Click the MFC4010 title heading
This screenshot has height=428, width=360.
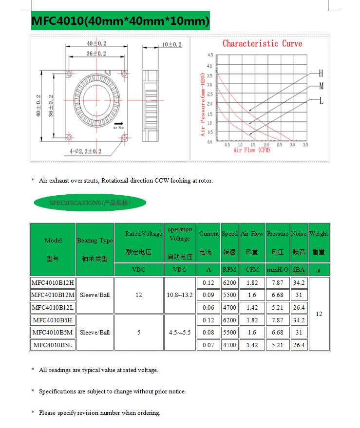point(120,21)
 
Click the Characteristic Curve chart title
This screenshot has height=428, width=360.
point(262,43)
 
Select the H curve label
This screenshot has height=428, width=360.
point(321,74)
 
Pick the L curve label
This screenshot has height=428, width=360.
point(321,101)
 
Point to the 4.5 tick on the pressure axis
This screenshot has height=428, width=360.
point(209,55)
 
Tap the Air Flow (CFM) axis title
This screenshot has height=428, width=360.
point(251,150)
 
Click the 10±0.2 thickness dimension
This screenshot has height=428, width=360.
point(171,44)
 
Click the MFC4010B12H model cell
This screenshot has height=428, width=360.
point(53,282)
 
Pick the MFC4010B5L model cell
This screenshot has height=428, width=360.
point(53,345)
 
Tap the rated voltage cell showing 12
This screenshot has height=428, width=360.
point(139,295)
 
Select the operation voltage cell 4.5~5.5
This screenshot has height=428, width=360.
point(180,333)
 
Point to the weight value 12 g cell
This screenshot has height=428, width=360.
point(319,314)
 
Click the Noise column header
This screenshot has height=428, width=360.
point(299,242)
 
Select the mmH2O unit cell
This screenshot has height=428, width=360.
point(277,270)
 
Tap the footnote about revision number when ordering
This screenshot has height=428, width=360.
point(99,413)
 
